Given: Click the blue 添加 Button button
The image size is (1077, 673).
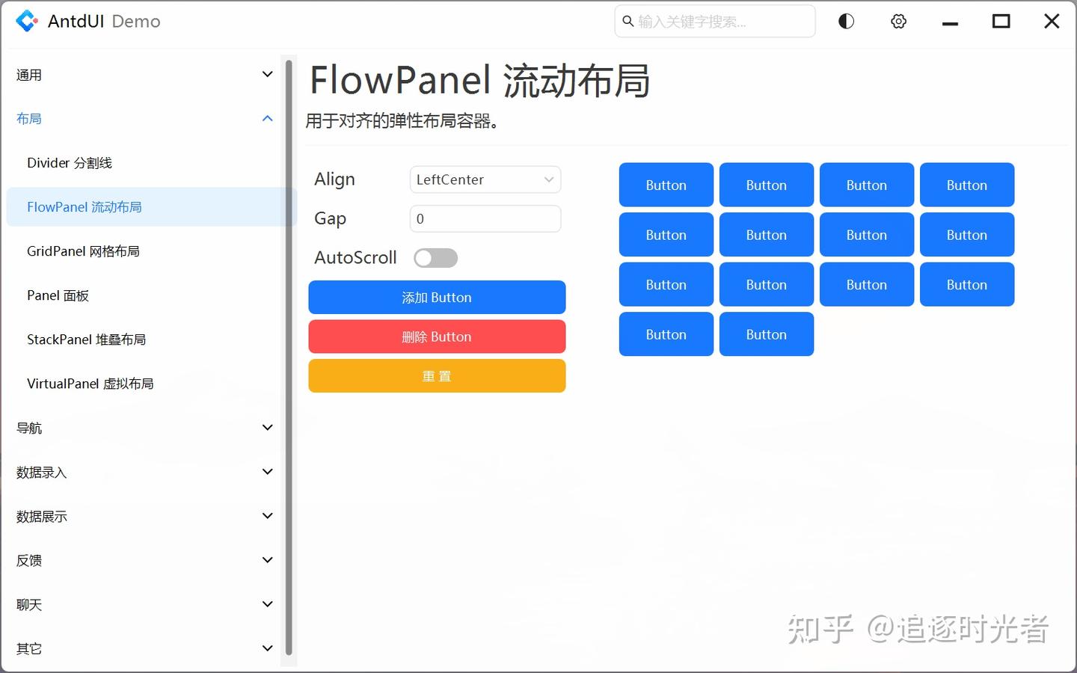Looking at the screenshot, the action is (437, 298).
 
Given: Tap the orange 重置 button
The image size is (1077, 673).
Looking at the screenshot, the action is (437, 376).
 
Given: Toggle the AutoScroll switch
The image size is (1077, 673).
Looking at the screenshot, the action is (435, 258).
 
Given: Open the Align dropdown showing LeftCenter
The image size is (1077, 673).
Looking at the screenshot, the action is (485, 179).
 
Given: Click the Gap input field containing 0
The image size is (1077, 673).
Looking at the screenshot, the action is (485, 219).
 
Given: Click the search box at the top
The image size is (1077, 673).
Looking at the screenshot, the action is (714, 22).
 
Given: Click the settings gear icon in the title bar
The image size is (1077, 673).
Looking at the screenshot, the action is (898, 22).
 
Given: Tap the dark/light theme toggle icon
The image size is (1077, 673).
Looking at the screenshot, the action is (846, 22).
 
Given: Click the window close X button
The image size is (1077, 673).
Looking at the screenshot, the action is (1052, 22).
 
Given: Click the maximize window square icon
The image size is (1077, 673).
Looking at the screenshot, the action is (1001, 22).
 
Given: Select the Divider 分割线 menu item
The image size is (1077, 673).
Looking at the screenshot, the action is (70, 163).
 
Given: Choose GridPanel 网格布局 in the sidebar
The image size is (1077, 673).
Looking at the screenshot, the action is (83, 251).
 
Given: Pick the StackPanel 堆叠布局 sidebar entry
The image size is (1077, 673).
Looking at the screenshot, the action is (86, 339).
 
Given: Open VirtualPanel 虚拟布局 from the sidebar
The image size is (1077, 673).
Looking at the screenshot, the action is (90, 384).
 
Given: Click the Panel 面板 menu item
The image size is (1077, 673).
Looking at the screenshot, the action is (58, 295).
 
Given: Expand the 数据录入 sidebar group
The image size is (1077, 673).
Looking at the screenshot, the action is (42, 472).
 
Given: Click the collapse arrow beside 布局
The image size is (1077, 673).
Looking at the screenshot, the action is (267, 119).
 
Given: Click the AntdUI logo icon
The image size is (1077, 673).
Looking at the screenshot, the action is (27, 21).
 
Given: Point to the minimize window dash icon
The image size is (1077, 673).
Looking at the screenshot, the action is (950, 23).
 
